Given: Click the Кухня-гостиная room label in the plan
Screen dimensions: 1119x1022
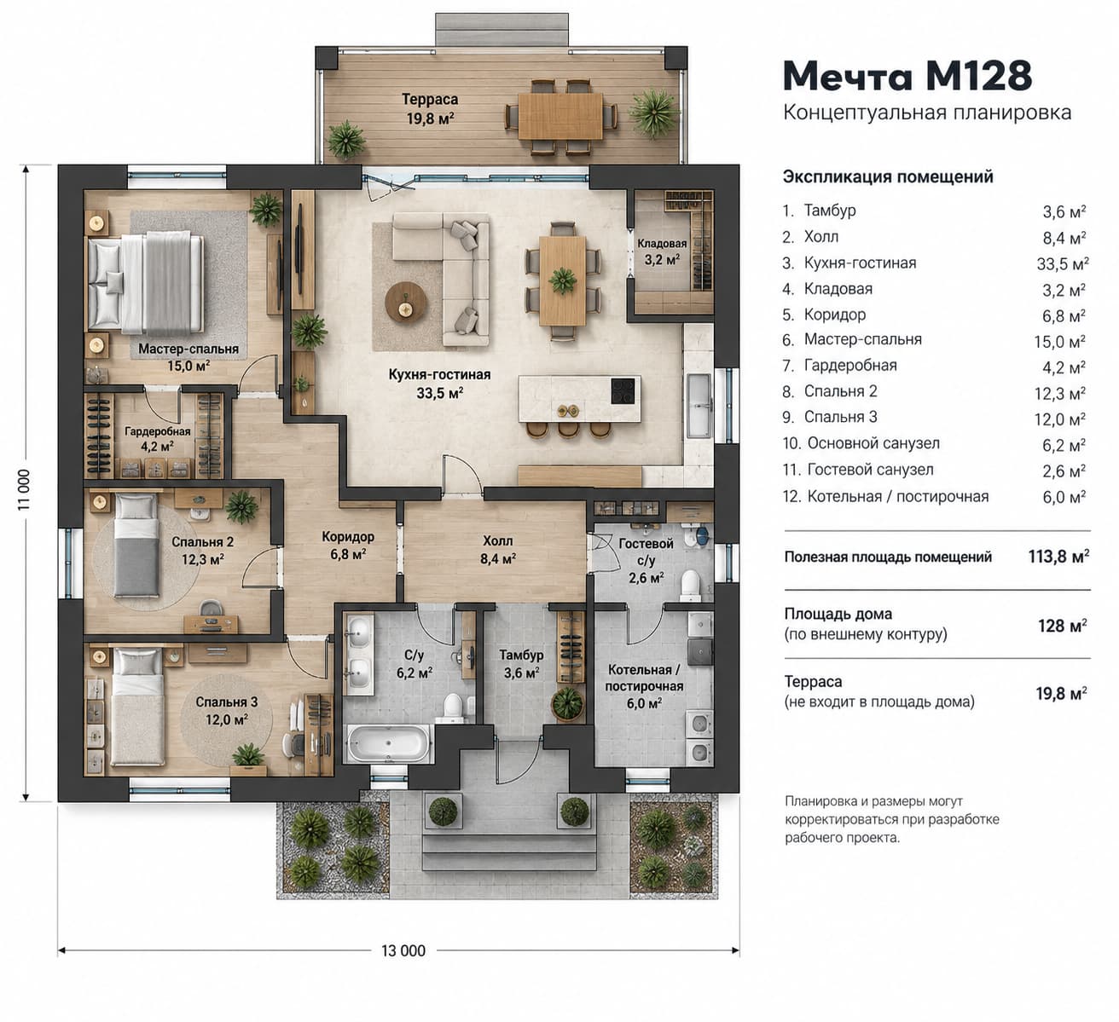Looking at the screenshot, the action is [x=439, y=375].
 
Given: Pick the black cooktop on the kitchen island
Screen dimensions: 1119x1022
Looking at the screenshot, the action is [x=623, y=390].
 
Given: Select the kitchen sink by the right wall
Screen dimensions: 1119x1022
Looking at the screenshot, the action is [x=699, y=406].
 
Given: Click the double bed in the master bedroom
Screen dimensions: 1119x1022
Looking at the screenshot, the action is [x=145, y=285].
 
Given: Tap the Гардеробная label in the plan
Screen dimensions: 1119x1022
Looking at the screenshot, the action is [x=157, y=431].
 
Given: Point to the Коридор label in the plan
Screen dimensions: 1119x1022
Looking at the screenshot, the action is [x=347, y=536].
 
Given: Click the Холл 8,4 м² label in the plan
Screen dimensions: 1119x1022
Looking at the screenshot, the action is [x=497, y=549].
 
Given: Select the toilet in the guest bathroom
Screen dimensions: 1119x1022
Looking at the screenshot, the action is [x=691, y=586].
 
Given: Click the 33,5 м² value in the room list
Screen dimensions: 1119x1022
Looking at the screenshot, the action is [x=1062, y=264].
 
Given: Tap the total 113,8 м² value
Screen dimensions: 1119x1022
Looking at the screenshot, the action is [x=1058, y=557].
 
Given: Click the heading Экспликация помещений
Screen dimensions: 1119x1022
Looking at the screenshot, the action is [x=888, y=176].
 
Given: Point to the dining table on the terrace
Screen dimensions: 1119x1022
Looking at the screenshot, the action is [x=560, y=116].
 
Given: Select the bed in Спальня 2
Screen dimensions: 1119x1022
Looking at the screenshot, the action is [x=136, y=546].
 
